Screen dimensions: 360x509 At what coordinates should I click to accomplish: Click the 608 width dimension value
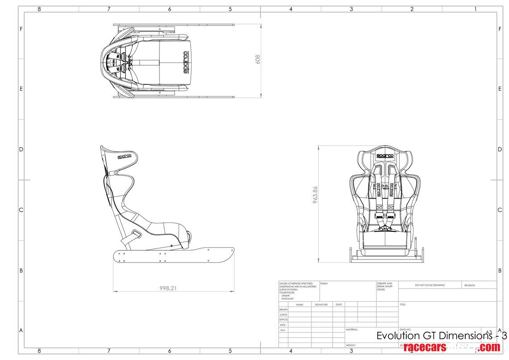pyautogui.click(x=258, y=59)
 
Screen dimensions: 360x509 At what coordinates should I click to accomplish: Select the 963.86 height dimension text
pyautogui.click(x=316, y=195)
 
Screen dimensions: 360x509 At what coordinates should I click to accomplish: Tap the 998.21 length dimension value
pyautogui.click(x=168, y=289)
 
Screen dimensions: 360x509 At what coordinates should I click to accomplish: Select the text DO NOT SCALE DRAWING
pyautogui.click(x=430, y=285)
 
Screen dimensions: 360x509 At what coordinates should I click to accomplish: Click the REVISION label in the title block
pyautogui.click(x=469, y=285)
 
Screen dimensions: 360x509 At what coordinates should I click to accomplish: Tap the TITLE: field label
pyautogui.click(x=403, y=305)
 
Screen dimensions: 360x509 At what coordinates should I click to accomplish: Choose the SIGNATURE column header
pyautogui.click(x=321, y=305)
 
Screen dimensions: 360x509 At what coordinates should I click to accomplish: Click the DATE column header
pyautogui.click(x=339, y=305)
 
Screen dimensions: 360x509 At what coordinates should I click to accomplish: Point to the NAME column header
pyautogui.click(x=300, y=305)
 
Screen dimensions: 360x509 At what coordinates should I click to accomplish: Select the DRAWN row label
pyautogui.click(x=284, y=310)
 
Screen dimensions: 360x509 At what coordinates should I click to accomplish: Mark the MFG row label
pyautogui.click(x=283, y=325)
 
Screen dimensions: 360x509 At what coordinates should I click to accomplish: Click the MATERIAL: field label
pyautogui.click(x=352, y=330)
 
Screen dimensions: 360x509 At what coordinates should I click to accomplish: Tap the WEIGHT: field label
pyautogui.click(x=350, y=345)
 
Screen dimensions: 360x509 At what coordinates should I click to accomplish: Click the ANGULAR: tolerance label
pyautogui.click(x=287, y=298)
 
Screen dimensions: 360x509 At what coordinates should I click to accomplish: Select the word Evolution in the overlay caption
pyautogui.click(x=398, y=336)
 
